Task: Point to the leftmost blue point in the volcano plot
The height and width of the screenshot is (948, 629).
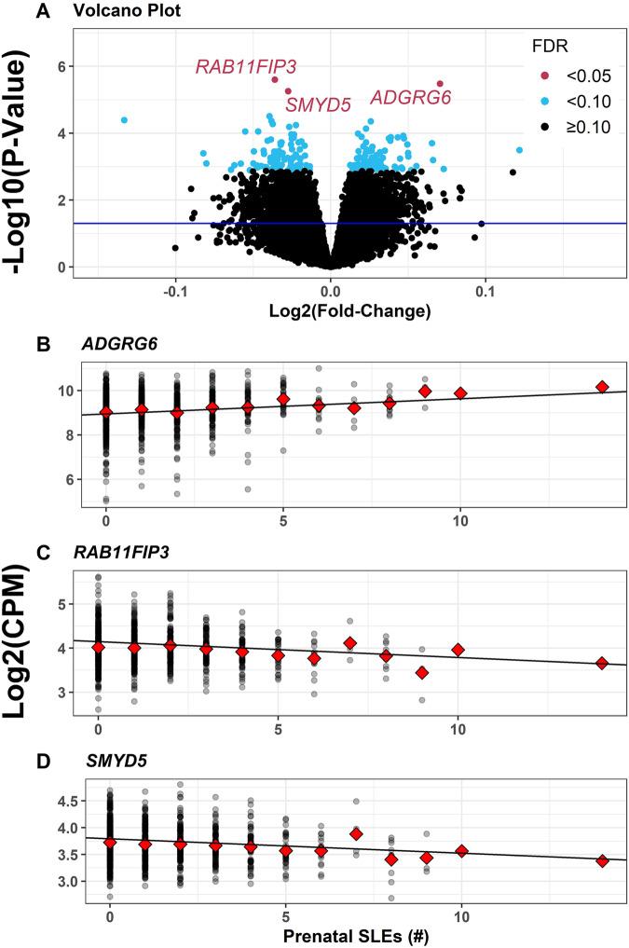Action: (124, 120)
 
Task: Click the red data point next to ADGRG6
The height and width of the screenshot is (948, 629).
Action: (441, 84)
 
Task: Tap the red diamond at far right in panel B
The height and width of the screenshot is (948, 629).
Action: (602, 387)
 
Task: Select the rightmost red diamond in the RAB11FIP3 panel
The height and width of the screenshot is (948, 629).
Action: (602, 663)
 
